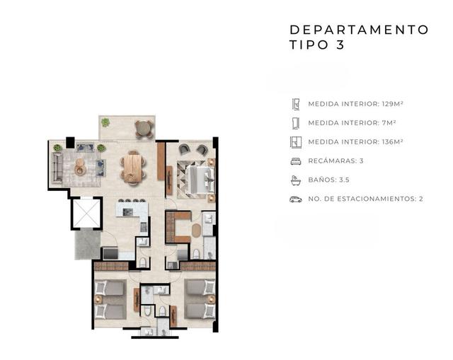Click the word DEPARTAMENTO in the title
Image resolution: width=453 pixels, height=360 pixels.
[x=359, y=30]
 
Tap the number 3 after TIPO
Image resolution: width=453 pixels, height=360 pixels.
[x=340, y=45]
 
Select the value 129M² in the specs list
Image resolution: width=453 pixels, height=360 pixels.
[x=393, y=104]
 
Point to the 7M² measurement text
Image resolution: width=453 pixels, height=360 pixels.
[x=389, y=123]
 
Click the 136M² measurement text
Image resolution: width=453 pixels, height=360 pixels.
[x=393, y=142]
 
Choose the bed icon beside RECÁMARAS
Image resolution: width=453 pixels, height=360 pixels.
[x=296, y=161]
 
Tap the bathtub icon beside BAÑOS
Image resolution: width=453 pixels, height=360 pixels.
[x=296, y=180]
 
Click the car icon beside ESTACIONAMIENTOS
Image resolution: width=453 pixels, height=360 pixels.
[x=296, y=199]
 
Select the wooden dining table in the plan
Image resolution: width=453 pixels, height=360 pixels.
[x=133, y=168]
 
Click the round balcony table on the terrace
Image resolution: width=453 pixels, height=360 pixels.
[x=144, y=128]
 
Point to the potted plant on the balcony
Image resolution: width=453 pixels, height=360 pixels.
[x=105, y=122]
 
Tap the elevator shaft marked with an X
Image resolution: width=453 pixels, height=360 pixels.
[x=86, y=214]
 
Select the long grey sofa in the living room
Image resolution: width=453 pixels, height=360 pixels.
[x=57, y=168]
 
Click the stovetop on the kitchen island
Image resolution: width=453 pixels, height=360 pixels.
[x=127, y=212]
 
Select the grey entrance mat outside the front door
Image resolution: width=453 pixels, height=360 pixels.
[x=88, y=245]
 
